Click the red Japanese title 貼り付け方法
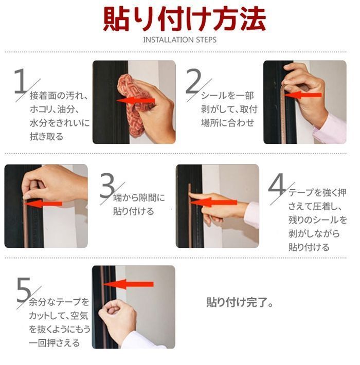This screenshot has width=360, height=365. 185,19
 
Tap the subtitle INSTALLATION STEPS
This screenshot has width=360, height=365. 180,40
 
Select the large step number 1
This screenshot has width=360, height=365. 20,81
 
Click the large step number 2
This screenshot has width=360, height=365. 193,81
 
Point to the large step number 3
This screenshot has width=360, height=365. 107,185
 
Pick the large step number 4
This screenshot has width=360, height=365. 277,185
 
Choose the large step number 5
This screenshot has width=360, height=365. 24,289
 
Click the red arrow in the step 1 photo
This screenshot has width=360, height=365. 136,101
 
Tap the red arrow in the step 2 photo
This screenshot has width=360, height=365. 303,95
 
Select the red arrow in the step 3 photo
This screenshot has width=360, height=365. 43,204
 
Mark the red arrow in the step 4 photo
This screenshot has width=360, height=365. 213,202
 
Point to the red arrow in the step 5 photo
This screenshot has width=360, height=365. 128,284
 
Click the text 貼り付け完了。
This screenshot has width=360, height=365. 240,302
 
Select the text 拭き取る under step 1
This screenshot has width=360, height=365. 47,136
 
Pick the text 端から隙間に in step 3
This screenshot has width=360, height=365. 139,198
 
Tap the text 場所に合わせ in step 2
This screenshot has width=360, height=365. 227,123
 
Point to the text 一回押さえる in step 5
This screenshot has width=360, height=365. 55,343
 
